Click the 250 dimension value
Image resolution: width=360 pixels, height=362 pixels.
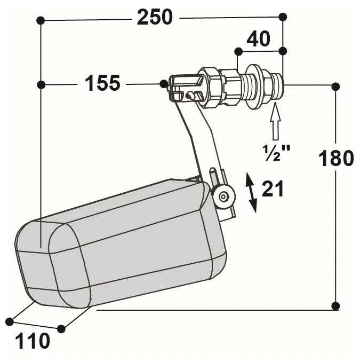tap(155, 18)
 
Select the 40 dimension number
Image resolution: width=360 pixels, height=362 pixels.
tap(258, 39)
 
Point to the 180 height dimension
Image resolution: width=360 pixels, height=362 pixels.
tap(336, 158)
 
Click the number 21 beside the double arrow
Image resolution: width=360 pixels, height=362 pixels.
tap(273, 189)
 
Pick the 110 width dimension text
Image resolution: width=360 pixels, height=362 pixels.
tap(31, 340)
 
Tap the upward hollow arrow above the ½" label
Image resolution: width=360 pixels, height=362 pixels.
tap(275, 121)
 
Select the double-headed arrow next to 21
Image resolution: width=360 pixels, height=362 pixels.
tap(251, 193)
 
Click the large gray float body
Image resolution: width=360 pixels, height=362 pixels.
tap(123, 246)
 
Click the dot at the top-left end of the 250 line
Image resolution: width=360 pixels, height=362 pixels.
tap(40, 20)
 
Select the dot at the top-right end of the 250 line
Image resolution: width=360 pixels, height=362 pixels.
tap(283, 17)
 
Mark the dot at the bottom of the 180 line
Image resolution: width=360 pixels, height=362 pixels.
tap(335, 306)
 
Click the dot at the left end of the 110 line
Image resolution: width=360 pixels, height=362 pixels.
tap(10, 321)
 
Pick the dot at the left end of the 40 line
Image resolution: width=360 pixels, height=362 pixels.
tap(238, 51)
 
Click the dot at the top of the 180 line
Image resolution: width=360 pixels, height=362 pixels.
tap(335, 86)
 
